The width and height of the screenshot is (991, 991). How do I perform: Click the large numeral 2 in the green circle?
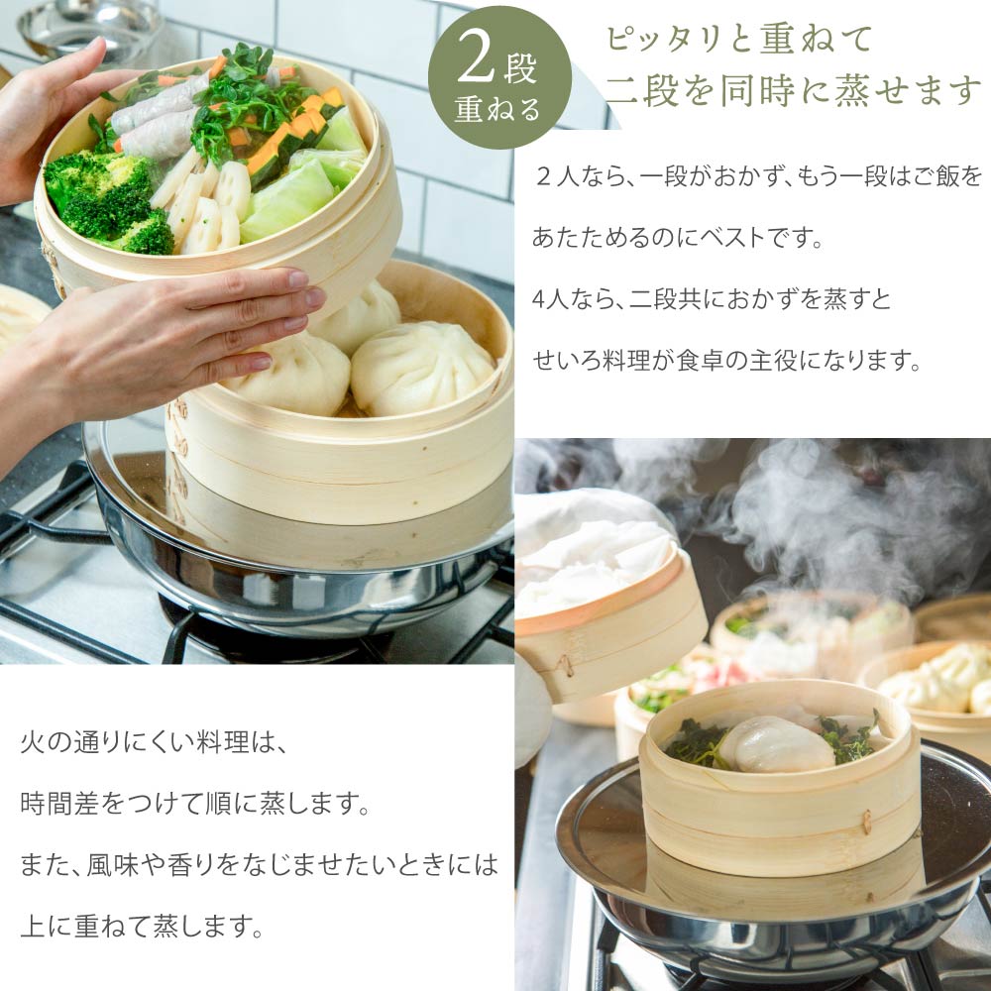[478, 64]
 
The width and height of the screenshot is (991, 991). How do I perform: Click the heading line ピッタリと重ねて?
[738, 40]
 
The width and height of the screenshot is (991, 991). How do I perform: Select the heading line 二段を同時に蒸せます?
[793, 90]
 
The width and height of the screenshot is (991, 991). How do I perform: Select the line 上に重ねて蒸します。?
[143, 927]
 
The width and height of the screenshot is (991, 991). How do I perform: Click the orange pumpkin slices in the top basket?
[297, 129]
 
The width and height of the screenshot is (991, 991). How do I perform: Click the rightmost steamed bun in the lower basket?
[421, 367]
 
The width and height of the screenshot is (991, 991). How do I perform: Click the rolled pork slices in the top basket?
[159, 109]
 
